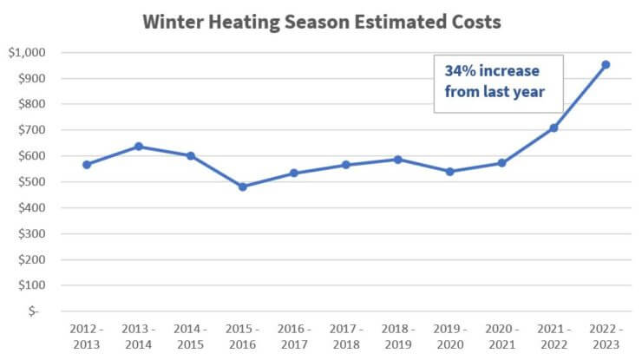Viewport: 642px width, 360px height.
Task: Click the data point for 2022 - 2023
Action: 606,64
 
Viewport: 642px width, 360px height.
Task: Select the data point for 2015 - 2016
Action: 243,187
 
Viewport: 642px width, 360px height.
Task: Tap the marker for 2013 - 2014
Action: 139,147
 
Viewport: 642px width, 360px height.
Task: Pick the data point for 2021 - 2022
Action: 554,128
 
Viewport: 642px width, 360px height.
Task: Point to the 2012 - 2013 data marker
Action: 87,164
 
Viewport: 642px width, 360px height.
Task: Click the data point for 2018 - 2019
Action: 398,160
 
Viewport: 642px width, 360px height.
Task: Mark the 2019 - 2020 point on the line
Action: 450,172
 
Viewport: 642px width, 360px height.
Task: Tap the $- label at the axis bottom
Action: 34,311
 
